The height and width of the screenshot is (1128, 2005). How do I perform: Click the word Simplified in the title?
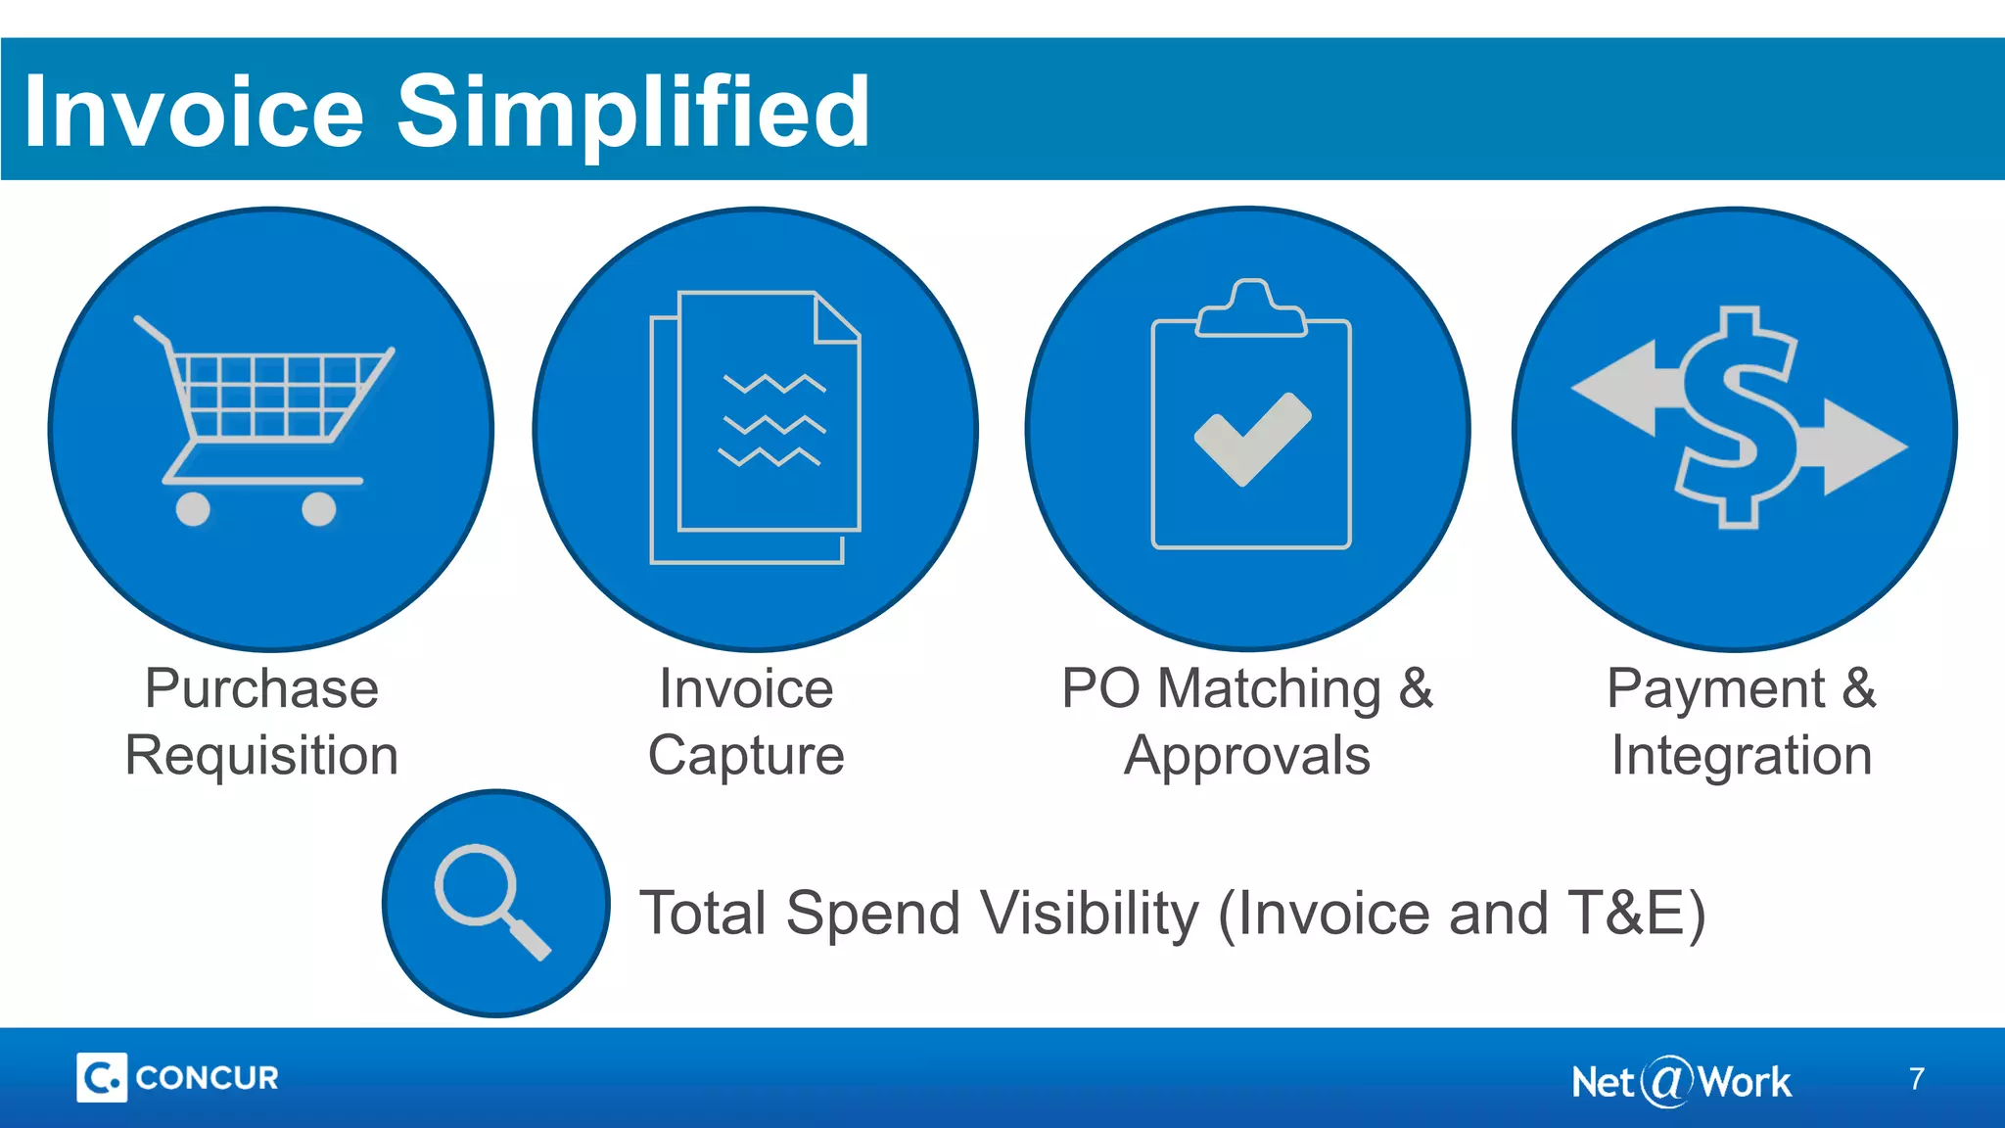[632, 113]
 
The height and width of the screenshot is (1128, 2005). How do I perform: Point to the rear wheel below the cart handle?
[193, 509]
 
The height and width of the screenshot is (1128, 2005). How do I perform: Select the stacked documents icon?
[755, 427]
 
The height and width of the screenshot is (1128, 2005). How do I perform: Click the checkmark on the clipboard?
[1252, 438]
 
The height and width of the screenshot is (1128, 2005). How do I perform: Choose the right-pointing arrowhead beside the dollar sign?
[1866, 446]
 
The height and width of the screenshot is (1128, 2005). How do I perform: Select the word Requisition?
[261, 756]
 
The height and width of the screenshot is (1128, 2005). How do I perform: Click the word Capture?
[746, 756]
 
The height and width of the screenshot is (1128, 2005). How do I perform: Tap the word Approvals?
[1247, 756]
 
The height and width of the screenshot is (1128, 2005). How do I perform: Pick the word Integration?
[1742, 756]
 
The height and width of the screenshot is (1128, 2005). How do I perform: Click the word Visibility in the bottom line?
[1089, 914]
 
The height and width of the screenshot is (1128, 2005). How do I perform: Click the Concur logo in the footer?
[177, 1077]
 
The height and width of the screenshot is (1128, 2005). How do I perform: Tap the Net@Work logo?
[1680, 1082]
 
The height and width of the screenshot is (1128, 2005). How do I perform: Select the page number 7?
[1916, 1079]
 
